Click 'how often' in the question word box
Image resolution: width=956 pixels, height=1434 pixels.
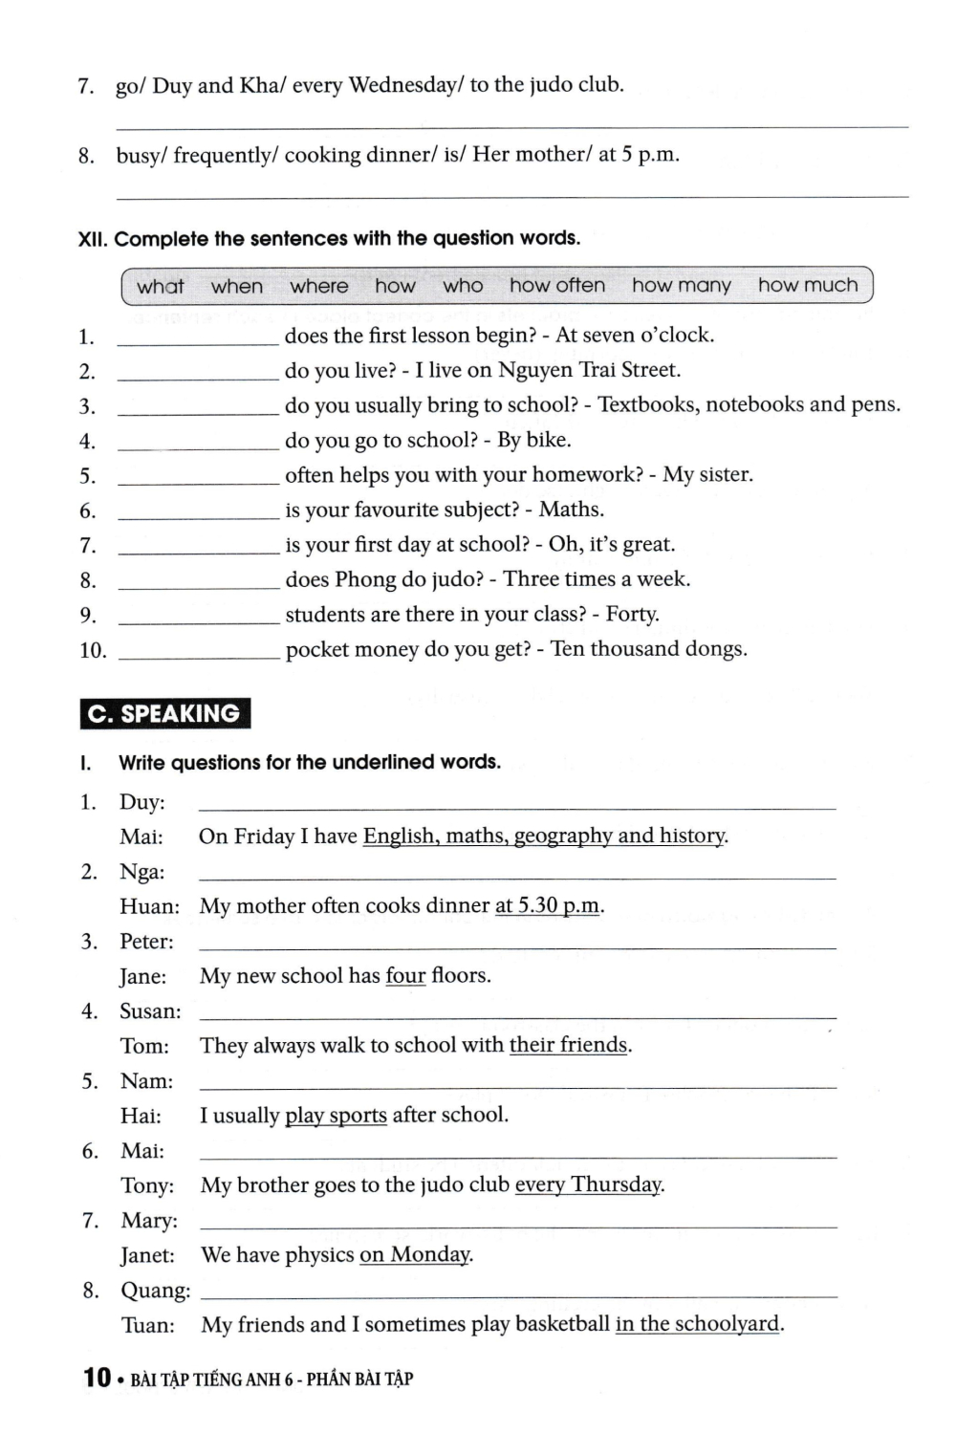[557, 285]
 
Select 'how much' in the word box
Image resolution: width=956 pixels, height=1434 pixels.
[808, 285]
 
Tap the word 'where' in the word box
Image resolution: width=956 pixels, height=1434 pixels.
[319, 286]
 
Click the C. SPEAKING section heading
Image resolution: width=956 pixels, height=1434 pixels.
[164, 713]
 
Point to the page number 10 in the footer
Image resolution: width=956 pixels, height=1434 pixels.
[97, 1378]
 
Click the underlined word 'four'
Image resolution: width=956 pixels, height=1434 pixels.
[405, 976]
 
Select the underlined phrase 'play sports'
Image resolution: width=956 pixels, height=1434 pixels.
[336, 1116]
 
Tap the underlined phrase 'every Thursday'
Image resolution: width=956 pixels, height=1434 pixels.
[588, 1185]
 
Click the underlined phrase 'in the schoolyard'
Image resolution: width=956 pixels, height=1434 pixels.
[698, 1325]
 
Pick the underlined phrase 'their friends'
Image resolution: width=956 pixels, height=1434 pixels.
[568, 1046]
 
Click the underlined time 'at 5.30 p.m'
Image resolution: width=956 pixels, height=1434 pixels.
[547, 906]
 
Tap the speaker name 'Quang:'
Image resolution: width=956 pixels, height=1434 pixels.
[155, 1291]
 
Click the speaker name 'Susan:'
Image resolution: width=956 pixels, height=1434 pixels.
[150, 1011]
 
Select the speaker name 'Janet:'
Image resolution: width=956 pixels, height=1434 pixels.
[147, 1255]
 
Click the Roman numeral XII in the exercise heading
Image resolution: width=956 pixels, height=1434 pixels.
[92, 239]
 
